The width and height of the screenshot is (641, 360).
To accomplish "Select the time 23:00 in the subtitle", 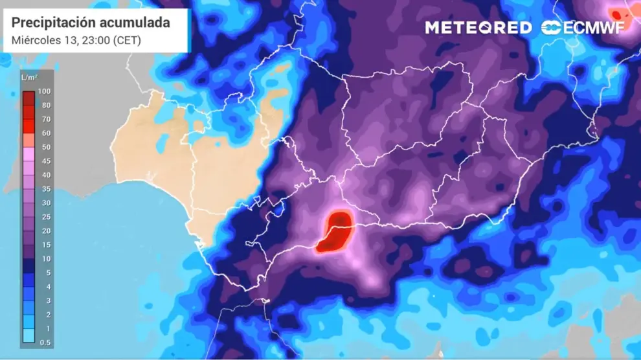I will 96,40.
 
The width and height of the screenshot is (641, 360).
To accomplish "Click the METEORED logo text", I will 478,27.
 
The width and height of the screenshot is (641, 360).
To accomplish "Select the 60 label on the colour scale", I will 47,133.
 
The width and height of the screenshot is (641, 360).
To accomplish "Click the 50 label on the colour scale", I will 47,147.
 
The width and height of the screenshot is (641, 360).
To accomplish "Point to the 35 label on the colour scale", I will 47,189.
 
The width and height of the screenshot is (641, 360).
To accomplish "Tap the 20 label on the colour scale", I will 47,231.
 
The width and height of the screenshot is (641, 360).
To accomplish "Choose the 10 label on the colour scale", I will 47,259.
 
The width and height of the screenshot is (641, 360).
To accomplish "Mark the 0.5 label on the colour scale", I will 47,343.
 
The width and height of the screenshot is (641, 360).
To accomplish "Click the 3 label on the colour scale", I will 47,300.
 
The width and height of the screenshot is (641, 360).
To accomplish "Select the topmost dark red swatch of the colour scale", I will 28,98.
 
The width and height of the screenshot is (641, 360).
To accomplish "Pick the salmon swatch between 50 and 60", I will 28,140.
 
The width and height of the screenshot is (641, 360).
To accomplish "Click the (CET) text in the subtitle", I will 128,40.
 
